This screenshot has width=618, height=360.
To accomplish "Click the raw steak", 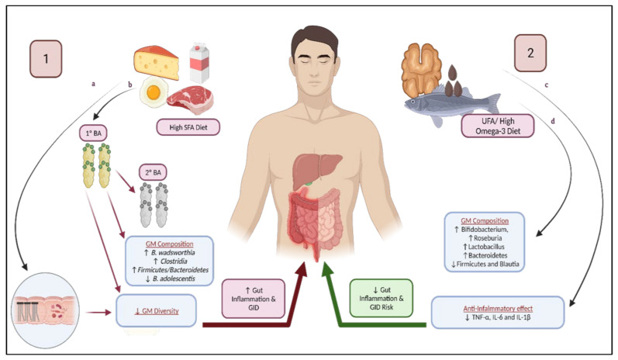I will point(191,97).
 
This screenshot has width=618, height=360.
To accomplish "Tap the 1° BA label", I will point(92,133).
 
